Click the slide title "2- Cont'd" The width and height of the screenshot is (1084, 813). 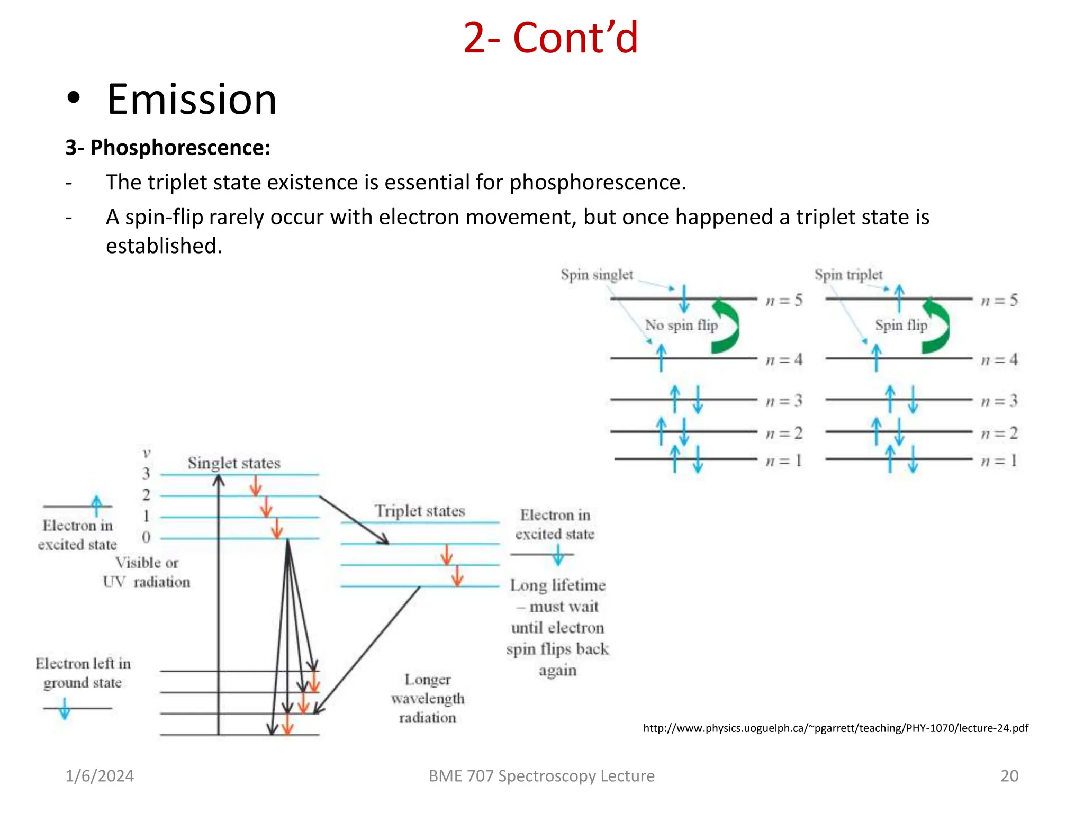point(550,38)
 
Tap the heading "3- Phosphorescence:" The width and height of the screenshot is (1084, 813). point(168,148)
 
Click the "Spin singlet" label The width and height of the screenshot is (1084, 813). point(597,275)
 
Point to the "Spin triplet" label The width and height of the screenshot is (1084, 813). point(848,275)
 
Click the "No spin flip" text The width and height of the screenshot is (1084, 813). point(681,325)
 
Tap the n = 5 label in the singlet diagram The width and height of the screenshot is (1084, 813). point(784,301)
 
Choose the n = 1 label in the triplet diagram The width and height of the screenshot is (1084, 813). point(999,460)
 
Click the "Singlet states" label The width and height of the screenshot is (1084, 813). point(234,463)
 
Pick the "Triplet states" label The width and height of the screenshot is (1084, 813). point(420,511)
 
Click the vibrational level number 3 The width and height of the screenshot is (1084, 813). point(146,473)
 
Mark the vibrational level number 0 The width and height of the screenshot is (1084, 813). point(146,537)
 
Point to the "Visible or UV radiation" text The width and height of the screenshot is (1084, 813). point(147,572)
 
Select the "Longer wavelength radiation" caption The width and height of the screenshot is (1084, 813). point(428,698)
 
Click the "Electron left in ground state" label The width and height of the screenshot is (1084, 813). point(83,673)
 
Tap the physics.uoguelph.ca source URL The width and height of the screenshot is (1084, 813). point(835,728)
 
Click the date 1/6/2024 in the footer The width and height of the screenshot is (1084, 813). point(100,776)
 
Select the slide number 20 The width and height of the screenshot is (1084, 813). point(1009,776)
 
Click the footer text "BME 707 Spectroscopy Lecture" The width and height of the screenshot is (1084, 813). point(541,776)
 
